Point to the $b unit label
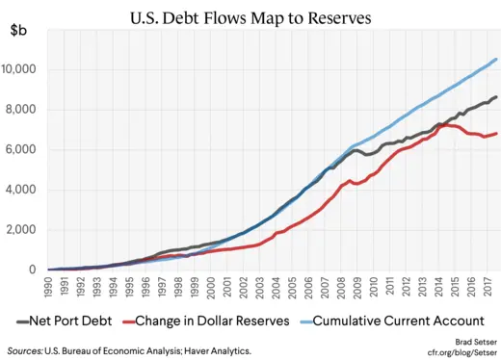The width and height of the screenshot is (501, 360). pyautogui.click(x=18, y=31)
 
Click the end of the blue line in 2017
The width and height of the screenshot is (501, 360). pyautogui.click(x=496, y=60)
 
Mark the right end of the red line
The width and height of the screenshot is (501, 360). pyautogui.click(x=496, y=134)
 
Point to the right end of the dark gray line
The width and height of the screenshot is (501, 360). pyautogui.click(x=496, y=97)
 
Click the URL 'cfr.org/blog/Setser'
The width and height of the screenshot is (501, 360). pyautogui.click(x=452, y=352)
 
